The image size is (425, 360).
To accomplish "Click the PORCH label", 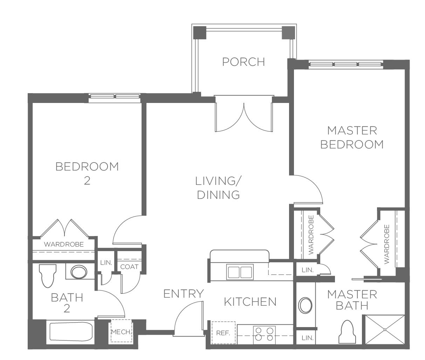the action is [x=244, y=62].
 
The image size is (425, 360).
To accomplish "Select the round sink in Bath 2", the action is [x=79, y=272].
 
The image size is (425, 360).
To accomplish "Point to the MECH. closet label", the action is [x=121, y=332].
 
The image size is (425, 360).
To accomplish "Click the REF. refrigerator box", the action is [x=224, y=333].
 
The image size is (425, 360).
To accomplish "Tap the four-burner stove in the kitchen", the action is [x=265, y=335].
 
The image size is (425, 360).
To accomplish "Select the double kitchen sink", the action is [x=240, y=272].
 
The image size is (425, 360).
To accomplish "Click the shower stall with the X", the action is [x=385, y=330].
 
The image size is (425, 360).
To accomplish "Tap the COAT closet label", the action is [x=129, y=267].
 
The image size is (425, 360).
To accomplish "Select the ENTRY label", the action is [x=183, y=293].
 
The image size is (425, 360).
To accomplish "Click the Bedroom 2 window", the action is [x=115, y=97].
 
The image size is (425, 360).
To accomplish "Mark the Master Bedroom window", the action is [x=346, y=64].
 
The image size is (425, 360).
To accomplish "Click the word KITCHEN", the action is [x=250, y=302].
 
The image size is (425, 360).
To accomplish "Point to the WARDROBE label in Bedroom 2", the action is [x=64, y=244].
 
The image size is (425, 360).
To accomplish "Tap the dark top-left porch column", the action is [x=200, y=33].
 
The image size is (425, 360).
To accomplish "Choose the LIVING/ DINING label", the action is [x=218, y=188].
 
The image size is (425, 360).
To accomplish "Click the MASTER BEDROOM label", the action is [x=352, y=138].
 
